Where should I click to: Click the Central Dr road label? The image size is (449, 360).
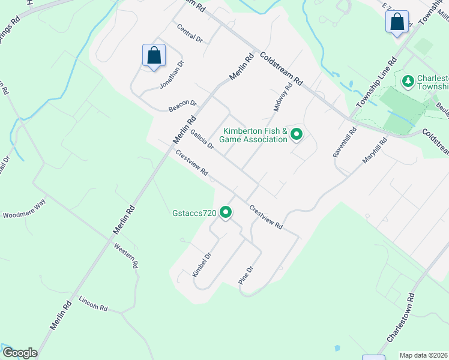pyautogui.click(x=189, y=33)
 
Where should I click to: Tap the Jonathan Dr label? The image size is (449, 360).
pyautogui.click(x=172, y=75)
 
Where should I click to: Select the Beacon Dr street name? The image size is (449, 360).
pyautogui.click(x=182, y=106)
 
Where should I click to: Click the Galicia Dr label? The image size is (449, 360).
pyautogui.click(x=202, y=140)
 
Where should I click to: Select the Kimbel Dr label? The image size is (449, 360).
pyautogui.click(x=202, y=265)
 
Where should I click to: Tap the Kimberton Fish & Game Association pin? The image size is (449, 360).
pyautogui.click(x=296, y=134)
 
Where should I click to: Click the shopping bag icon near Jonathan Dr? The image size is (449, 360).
pyautogui.click(x=154, y=55)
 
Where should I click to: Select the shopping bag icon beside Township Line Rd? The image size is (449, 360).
pyautogui.click(x=397, y=22)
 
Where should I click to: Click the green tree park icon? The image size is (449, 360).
pyautogui.click(x=408, y=80)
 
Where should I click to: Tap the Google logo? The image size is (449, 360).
pyautogui.click(x=19, y=353)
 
